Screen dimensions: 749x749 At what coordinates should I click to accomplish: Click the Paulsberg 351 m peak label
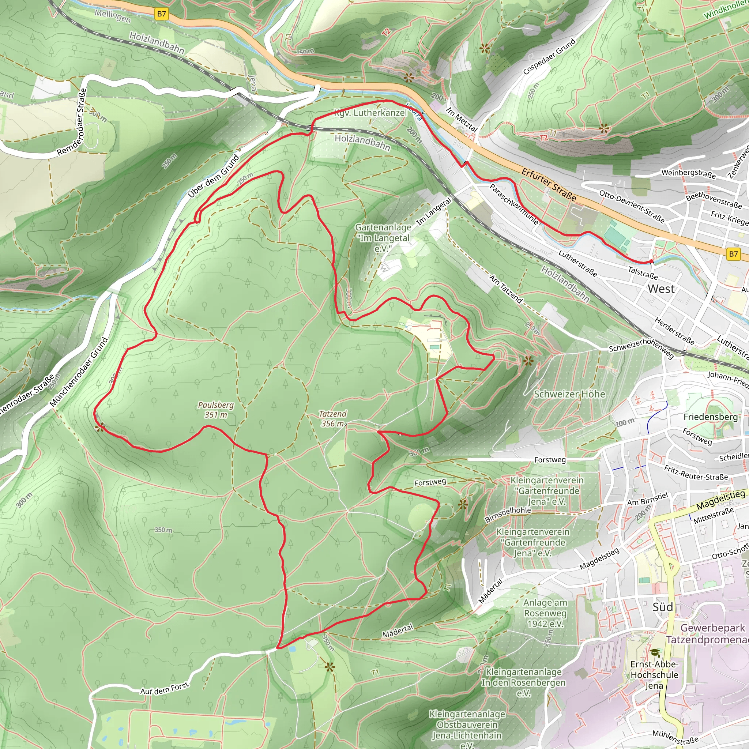[x=216, y=410]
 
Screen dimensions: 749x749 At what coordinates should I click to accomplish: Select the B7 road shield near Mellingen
[x=161, y=14]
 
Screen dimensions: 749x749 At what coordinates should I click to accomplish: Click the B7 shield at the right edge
[x=733, y=254]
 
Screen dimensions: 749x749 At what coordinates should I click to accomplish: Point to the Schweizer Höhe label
[x=569, y=394]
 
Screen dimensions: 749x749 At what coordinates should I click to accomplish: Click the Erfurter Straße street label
[x=549, y=185]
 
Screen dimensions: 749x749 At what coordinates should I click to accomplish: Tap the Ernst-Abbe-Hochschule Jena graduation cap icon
[x=655, y=653]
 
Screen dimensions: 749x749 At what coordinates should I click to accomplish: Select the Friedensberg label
[x=710, y=417]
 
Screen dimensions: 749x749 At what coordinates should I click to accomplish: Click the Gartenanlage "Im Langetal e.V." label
[x=383, y=238]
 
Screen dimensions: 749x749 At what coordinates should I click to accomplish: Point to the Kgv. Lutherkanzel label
[x=370, y=113]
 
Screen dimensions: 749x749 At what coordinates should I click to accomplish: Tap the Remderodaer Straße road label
[x=72, y=122]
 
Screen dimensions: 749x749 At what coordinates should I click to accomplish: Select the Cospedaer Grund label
[x=549, y=57]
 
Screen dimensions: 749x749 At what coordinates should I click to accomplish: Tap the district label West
[x=661, y=289]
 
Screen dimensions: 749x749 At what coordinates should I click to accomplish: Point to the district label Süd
[x=663, y=607]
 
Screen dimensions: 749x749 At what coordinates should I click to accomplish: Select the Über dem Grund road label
[x=214, y=176]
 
